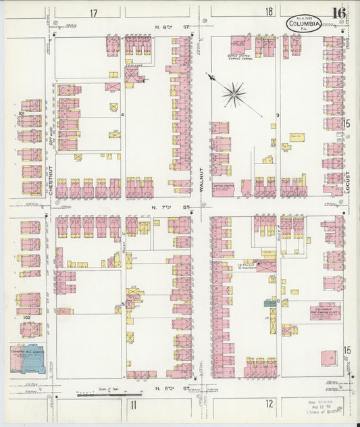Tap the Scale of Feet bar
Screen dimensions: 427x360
[x=109, y=393]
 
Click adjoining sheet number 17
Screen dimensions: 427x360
[x=93, y=13]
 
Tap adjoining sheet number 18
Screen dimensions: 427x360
[x=269, y=11]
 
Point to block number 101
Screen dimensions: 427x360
[x=21, y=114]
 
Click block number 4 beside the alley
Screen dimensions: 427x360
[x=122, y=115]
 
